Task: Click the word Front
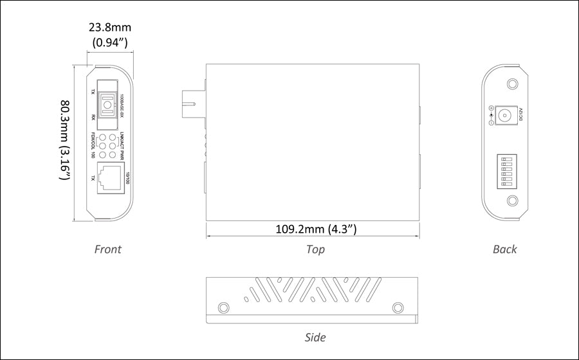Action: coord(107,249)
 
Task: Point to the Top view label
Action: coord(315,249)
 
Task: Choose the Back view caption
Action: coord(504,249)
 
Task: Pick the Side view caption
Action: coord(315,337)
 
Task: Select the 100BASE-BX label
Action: coord(122,105)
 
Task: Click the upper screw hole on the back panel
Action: coord(512,84)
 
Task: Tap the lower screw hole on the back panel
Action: coord(512,201)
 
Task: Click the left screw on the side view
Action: coord(224,307)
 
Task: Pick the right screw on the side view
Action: coord(398,307)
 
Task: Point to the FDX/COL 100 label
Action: coord(93,145)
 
